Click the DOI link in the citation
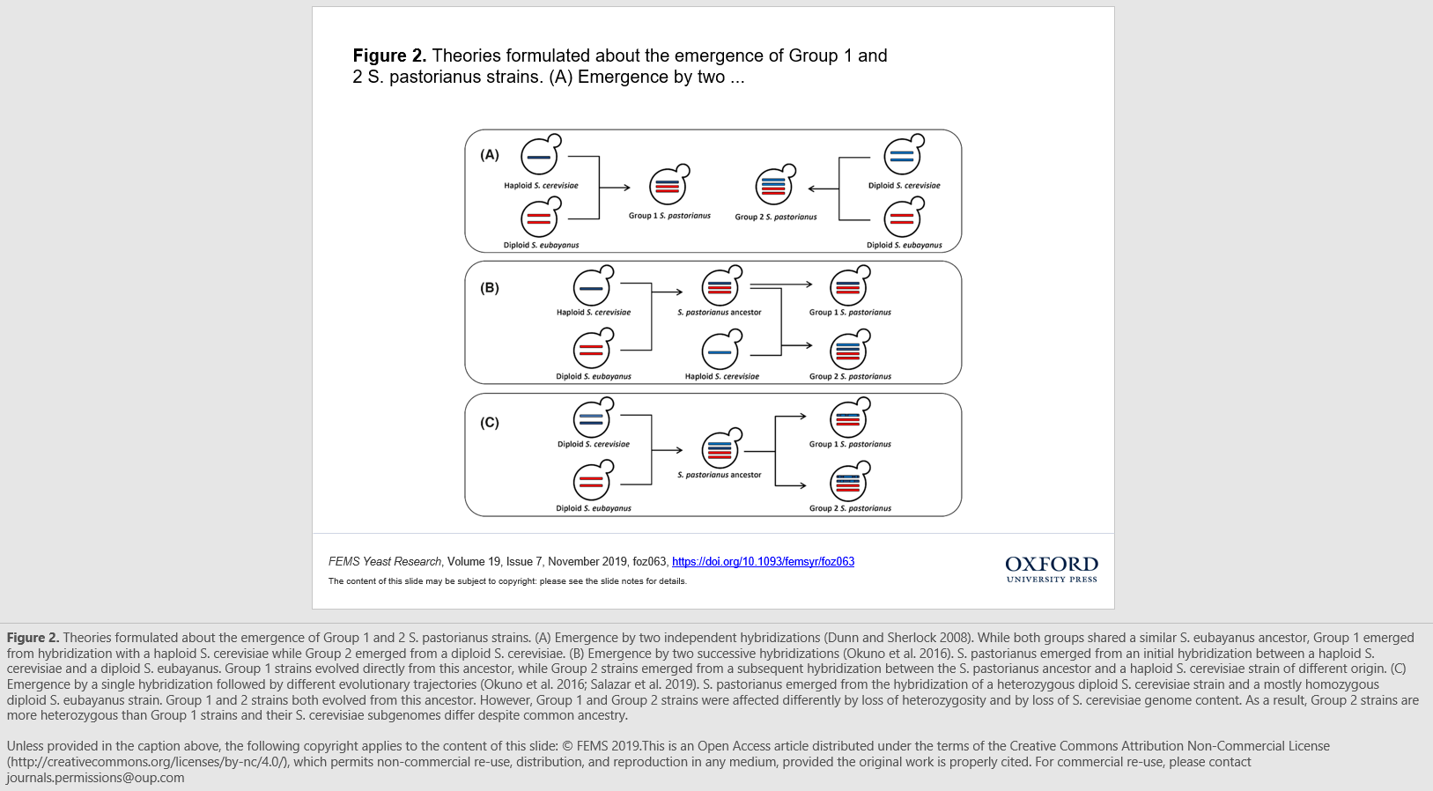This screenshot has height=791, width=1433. pos(763,562)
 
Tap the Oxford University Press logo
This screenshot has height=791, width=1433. pos(1052,568)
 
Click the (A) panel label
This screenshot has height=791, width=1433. pos(490,155)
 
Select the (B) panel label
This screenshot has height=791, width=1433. pos(490,288)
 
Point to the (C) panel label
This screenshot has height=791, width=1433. pos(490,423)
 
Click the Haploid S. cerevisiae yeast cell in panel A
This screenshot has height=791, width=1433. pos(540,157)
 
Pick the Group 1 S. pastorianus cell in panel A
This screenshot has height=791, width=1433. pos(668,186)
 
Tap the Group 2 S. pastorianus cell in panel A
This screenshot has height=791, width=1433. pos(774,186)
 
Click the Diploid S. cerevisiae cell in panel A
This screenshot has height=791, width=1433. pos(902,157)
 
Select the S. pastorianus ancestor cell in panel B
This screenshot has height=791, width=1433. pos(720,287)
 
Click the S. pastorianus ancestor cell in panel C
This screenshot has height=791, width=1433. pos(720,450)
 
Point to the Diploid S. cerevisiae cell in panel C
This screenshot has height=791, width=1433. pos(592,419)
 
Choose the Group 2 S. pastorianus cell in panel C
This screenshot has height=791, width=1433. pos(848,483)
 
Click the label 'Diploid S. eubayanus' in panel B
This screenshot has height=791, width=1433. pos(594,377)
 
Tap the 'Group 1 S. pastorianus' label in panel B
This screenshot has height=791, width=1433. pos(850,313)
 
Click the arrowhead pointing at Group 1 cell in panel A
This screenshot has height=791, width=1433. pos(626,188)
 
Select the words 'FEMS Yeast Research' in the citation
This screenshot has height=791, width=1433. pos(385,562)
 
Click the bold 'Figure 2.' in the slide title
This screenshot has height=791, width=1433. pos(389,56)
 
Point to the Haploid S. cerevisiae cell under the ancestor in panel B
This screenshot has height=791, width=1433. pos(720,351)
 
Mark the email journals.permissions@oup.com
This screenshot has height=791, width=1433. pos(96,778)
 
